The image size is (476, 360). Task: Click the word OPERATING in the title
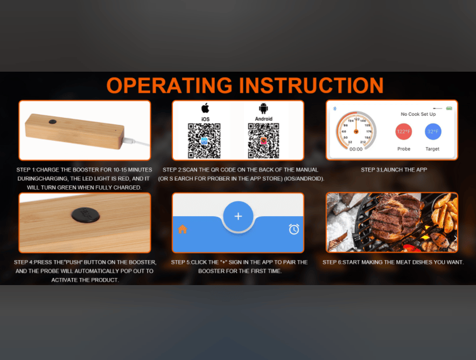pos(170,85)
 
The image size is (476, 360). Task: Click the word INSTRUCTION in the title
pos(311,85)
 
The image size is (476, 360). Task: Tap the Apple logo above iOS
pos(206,108)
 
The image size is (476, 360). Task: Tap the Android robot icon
pos(263,108)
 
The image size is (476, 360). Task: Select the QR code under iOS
pos(204,141)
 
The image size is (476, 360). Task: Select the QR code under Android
pos(263,141)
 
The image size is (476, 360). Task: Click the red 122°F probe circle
pos(403,131)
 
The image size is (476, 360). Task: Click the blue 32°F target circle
pos(433,131)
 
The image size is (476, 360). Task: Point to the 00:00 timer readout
pos(356,149)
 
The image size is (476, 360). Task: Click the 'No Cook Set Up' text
pos(418,114)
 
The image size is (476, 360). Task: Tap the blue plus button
pos(239,216)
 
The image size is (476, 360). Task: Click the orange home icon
pos(183,229)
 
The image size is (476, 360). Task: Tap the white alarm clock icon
pos(294,229)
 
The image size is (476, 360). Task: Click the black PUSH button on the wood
pos(86,215)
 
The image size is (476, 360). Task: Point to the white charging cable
pos(136,142)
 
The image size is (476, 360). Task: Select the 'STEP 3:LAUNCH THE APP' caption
pos(394,170)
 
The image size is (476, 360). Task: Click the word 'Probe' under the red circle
pos(404,149)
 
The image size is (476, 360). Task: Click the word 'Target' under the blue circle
pos(432,149)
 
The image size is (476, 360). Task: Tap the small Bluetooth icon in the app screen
pos(335,108)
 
